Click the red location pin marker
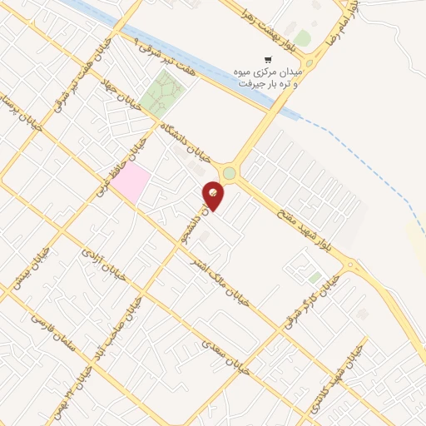(214, 196)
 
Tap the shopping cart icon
(267, 59)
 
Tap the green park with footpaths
(162, 93)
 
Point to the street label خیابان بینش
(28, 266)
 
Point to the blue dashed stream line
(366, 158)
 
